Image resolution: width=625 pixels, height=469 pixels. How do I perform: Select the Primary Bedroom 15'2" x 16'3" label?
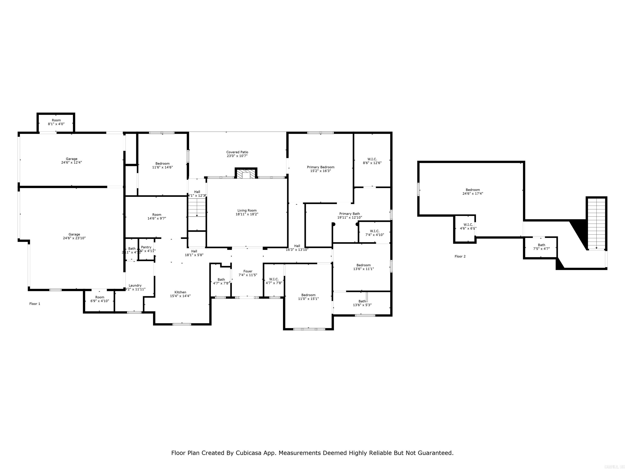(x=320, y=169)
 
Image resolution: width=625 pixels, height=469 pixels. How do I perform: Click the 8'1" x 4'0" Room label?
(x=56, y=122)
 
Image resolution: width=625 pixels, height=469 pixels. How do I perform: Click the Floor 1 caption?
(x=35, y=304)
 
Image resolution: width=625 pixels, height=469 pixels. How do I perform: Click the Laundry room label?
(x=135, y=287)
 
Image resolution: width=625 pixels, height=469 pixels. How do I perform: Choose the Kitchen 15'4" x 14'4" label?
(x=180, y=294)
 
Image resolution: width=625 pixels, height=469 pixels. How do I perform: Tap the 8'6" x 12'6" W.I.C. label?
(x=372, y=161)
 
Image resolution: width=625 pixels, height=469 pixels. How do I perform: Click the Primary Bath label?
(x=350, y=215)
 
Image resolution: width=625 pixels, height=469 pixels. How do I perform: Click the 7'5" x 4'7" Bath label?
(x=541, y=247)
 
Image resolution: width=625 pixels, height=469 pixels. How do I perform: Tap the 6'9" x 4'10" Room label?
(x=100, y=299)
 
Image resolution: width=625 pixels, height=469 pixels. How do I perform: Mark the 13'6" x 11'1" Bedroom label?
(x=363, y=267)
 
